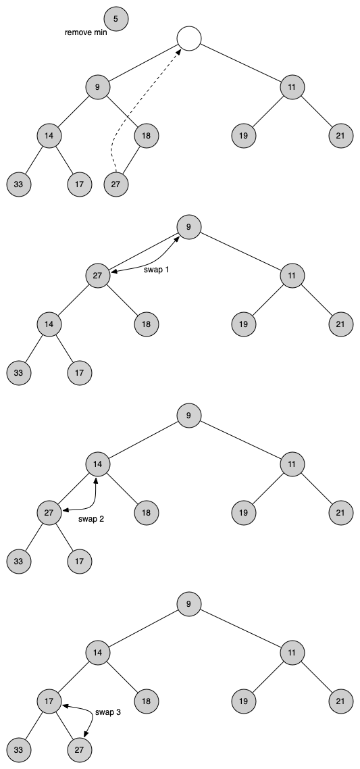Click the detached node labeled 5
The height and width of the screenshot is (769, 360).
click(116, 19)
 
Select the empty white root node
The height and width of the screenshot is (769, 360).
click(189, 39)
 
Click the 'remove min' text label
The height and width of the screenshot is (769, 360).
click(86, 33)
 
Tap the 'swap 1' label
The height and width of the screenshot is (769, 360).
click(157, 270)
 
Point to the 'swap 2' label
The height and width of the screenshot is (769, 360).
click(91, 519)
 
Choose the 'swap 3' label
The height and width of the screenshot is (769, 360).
click(108, 712)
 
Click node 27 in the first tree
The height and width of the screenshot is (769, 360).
click(116, 185)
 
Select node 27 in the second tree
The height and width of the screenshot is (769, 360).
click(98, 275)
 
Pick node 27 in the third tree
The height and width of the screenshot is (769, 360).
click(49, 513)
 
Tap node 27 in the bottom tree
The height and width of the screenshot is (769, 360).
click(80, 750)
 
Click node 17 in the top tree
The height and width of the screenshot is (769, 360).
click(80, 185)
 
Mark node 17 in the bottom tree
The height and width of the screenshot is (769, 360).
click(49, 701)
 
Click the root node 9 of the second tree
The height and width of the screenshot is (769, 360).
click(189, 227)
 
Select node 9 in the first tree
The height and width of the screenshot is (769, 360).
click(98, 87)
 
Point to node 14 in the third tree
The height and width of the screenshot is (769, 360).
click(98, 464)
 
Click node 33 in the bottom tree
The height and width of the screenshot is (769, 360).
click(19, 750)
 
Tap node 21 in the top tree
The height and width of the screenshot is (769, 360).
click(341, 136)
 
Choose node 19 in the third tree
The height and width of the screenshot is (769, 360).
click(244, 513)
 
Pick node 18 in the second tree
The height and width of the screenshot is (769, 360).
click(147, 324)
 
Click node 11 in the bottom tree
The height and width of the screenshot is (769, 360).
click(292, 653)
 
